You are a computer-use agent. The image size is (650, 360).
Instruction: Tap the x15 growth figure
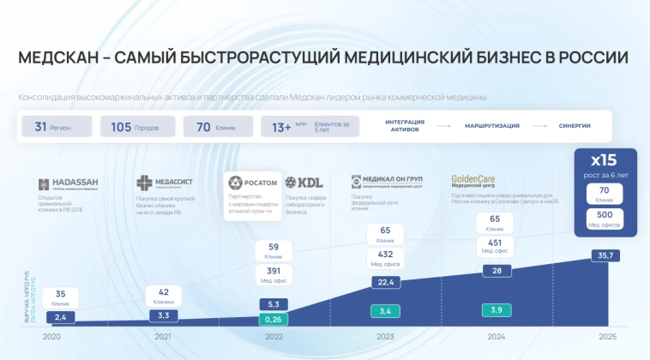tap(605, 160)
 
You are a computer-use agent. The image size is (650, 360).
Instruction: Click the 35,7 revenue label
tap(605, 255)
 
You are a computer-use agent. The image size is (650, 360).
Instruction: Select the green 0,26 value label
tap(273, 320)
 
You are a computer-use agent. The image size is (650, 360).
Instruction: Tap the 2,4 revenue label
tap(60, 318)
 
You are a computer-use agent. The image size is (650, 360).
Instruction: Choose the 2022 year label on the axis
tap(273, 337)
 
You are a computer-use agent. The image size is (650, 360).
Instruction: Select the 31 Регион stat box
tap(56, 127)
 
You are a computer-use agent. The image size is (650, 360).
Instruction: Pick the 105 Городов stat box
tap(137, 127)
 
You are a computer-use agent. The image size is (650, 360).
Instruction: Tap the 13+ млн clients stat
tap(300, 127)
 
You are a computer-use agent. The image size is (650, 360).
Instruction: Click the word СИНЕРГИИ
tap(575, 126)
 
